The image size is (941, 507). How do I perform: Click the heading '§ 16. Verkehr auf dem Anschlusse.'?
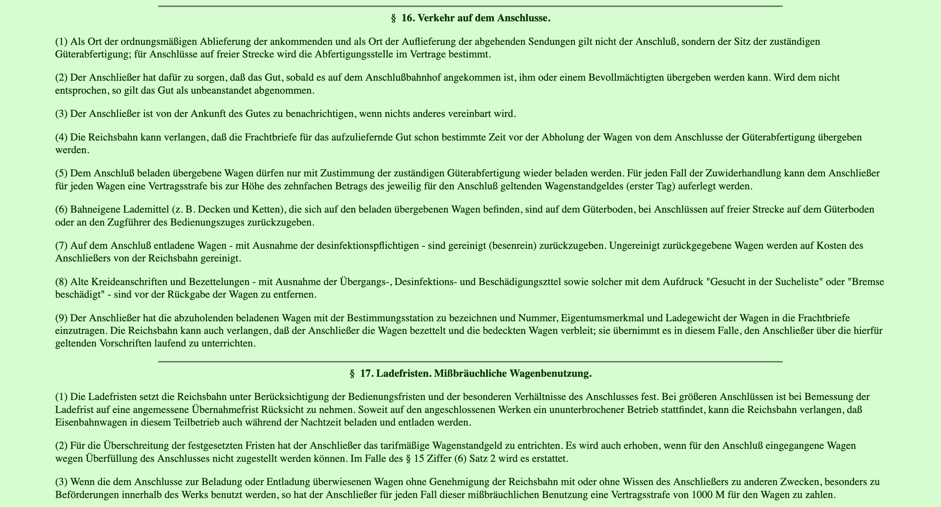click(470, 18)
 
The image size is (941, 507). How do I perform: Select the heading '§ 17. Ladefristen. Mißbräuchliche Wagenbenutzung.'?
click(470, 373)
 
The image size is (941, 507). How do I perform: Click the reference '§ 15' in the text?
click(414, 458)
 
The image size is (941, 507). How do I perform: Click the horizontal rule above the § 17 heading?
click(470, 362)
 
